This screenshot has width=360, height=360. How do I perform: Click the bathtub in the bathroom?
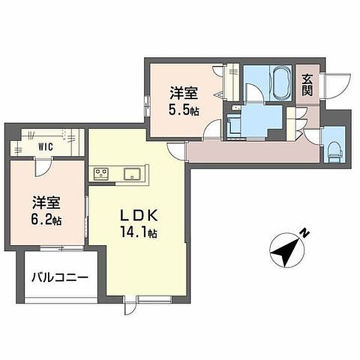coord(281,83)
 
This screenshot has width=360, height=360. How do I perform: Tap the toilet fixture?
coord(335,151)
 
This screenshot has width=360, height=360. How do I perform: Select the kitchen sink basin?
coord(132,174)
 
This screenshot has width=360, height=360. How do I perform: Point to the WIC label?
coord(46,146)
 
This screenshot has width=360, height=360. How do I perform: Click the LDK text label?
coord(139,216)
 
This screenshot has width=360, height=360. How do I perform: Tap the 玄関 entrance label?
coord(307,85)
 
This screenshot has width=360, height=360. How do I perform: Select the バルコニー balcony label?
coord(59,278)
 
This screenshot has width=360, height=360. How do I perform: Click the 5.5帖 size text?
coord(184,110)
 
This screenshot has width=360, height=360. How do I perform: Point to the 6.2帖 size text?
coord(46,220)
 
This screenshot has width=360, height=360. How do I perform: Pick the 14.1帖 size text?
coord(138,233)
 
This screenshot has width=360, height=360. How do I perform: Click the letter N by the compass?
coord(305,233)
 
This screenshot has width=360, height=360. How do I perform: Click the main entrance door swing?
coord(337,86)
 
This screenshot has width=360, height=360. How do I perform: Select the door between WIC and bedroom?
coord(43,166)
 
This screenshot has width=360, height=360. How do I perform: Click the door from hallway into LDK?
coord(176,152)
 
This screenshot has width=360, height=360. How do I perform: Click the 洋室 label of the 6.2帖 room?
coord(46,203)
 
